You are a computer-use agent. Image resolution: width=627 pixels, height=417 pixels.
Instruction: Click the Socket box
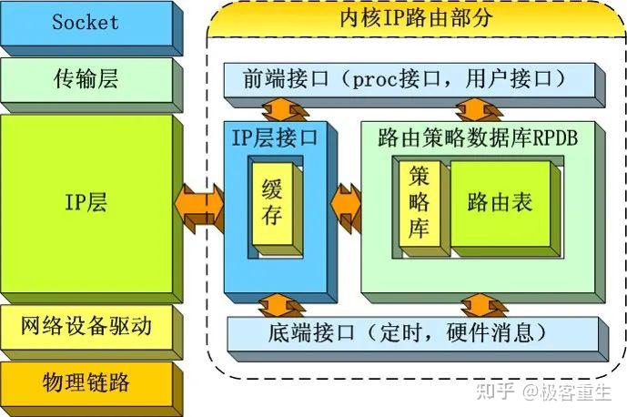tap(86, 23)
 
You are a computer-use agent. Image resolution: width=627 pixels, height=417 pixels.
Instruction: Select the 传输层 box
tap(86, 79)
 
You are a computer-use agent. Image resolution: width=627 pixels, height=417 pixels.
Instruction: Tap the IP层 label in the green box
tap(86, 202)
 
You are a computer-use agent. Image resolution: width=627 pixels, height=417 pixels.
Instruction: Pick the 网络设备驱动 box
tap(86, 325)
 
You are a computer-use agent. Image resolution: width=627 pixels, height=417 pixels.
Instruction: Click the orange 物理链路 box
tap(86, 381)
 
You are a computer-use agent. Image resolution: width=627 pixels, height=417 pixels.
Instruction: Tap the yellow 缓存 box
tap(271, 204)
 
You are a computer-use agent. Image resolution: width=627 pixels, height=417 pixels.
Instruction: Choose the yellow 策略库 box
tap(419, 202)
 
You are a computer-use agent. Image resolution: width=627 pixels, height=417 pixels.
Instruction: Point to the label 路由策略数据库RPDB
tap(478, 137)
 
